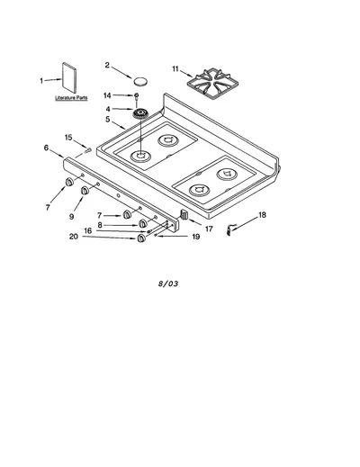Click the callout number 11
[175, 69]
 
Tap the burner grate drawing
[212, 83]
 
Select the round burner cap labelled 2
[140, 81]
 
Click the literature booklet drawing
[69, 77]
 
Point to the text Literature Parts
[71, 98]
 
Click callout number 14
[107, 95]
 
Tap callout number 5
[108, 119]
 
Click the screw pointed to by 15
[88, 149]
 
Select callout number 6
[46, 148]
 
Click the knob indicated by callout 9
[85, 190]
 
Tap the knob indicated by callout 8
[143, 223]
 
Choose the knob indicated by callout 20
[141, 238]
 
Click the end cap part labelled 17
[184, 215]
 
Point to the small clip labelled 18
[230, 229]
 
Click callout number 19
[195, 237]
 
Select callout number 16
[87, 230]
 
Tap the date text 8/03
[168, 283]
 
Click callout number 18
[262, 215]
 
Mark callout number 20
[74, 237]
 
